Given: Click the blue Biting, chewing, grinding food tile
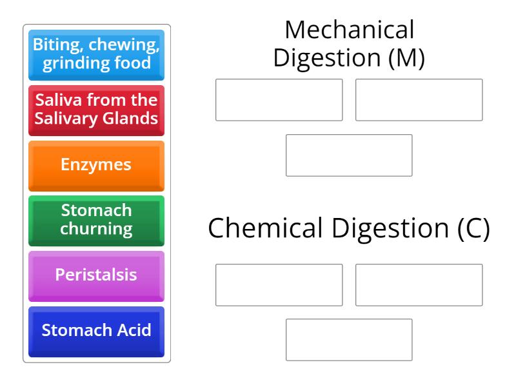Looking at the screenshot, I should (96, 54).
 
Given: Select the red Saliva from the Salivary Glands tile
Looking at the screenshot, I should (96, 110).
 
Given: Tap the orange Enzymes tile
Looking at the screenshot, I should (96, 164).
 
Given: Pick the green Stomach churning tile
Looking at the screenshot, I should (96, 220).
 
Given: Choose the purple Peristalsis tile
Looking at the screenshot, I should (96, 275).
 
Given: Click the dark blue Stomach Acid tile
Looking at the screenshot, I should (96, 331).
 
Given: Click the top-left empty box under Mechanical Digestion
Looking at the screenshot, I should (279, 100).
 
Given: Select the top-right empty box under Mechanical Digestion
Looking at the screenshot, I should (419, 100).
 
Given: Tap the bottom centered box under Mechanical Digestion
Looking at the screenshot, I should (349, 155).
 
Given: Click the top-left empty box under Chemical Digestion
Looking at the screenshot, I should (279, 284).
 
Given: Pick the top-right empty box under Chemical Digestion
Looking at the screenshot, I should (419, 284).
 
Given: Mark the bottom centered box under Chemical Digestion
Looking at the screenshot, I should (349, 340).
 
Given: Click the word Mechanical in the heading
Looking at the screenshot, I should (349, 30).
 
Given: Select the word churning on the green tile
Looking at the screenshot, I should (96, 228).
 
